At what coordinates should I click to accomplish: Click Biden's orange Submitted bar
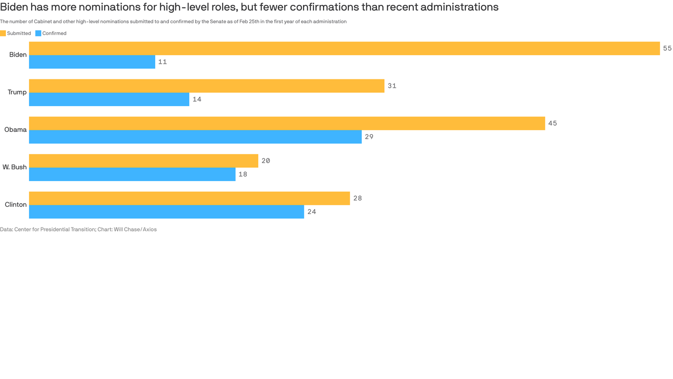(344, 48)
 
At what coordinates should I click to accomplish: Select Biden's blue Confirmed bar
(92, 62)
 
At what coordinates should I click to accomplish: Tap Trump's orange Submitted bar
(206, 86)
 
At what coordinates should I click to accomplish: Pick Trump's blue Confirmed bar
(109, 100)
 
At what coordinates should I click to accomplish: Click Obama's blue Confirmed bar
(195, 137)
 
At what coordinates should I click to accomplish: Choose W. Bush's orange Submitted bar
(143, 161)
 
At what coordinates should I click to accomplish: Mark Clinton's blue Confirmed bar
(167, 212)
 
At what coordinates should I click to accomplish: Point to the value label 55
(667, 48)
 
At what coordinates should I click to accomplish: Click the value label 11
(163, 62)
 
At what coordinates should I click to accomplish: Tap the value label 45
(552, 123)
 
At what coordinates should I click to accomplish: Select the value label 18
(243, 175)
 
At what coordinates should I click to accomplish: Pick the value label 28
(358, 198)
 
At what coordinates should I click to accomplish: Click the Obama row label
(15, 130)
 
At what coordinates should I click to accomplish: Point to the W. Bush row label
(14, 167)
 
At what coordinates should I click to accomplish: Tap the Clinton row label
(16, 205)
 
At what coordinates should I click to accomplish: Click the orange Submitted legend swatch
(3, 34)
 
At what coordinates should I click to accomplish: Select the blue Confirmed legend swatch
(38, 34)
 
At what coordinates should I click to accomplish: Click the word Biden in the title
(14, 7)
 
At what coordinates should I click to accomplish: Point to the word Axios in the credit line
(150, 229)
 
